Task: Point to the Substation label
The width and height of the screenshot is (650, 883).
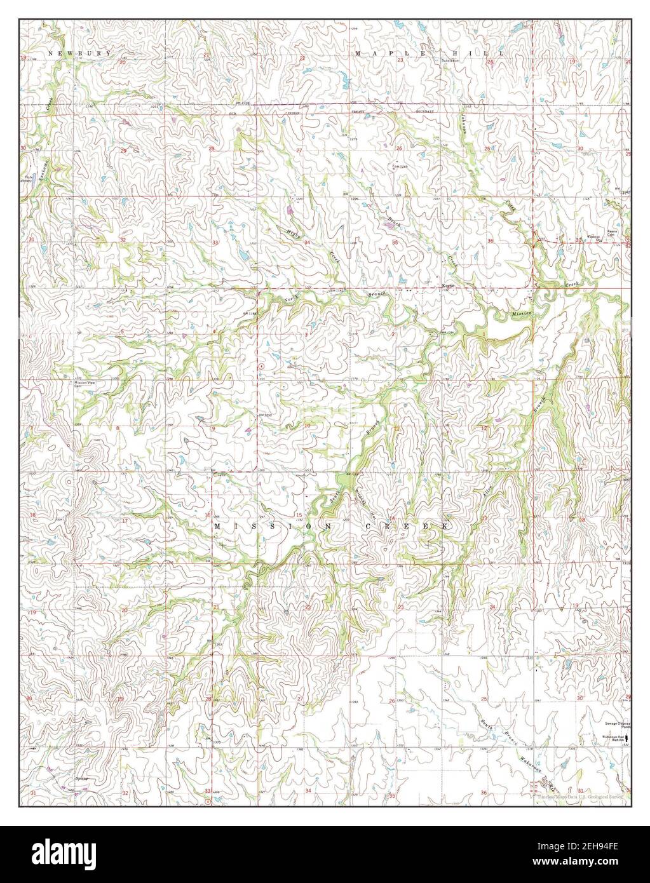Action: pyautogui.click(x=450, y=60)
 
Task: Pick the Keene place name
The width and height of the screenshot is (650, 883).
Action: pyautogui.click(x=447, y=287)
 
